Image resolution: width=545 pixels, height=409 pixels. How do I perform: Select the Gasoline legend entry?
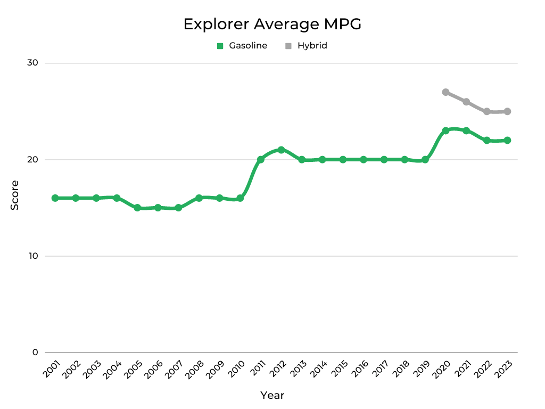[242, 46]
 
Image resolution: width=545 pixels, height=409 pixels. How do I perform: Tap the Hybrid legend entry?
[307, 46]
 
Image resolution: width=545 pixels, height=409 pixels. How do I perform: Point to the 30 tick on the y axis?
[32, 63]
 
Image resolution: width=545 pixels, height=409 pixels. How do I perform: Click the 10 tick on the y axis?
[32, 256]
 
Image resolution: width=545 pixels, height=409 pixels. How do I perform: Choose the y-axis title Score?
[15, 195]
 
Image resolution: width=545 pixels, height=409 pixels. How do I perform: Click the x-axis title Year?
[272, 395]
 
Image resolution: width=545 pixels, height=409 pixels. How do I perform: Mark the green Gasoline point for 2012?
[281, 150]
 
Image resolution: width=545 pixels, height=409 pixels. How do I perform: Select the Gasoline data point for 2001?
[55, 198]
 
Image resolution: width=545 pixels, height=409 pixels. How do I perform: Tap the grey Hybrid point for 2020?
[445, 92]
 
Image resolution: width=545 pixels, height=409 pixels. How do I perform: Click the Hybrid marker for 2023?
[507, 111]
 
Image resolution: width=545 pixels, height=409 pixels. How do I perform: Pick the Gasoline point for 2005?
[137, 208]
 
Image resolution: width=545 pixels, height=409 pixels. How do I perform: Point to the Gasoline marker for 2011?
[261, 160]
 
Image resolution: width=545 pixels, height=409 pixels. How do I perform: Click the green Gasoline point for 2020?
[445, 130]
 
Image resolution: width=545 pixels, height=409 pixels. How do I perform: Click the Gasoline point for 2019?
[425, 160]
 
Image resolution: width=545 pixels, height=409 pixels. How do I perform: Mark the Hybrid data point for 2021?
[466, 102]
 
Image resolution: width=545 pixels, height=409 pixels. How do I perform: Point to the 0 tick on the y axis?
[35, 353]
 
